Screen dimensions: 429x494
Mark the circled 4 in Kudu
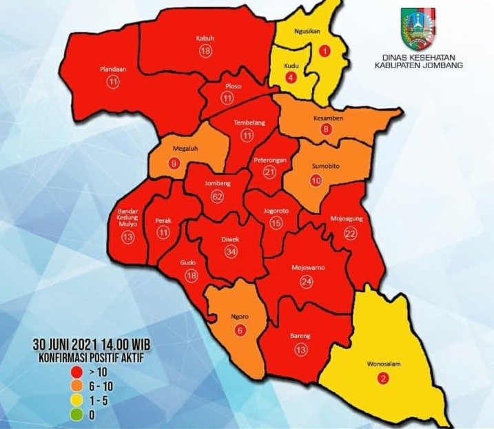(290, 77)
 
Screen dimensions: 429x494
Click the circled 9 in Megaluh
(173, 164)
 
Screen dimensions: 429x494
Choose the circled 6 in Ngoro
(240, 330)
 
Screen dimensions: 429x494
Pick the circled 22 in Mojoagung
(349, 235)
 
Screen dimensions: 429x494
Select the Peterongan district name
(269, 159)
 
